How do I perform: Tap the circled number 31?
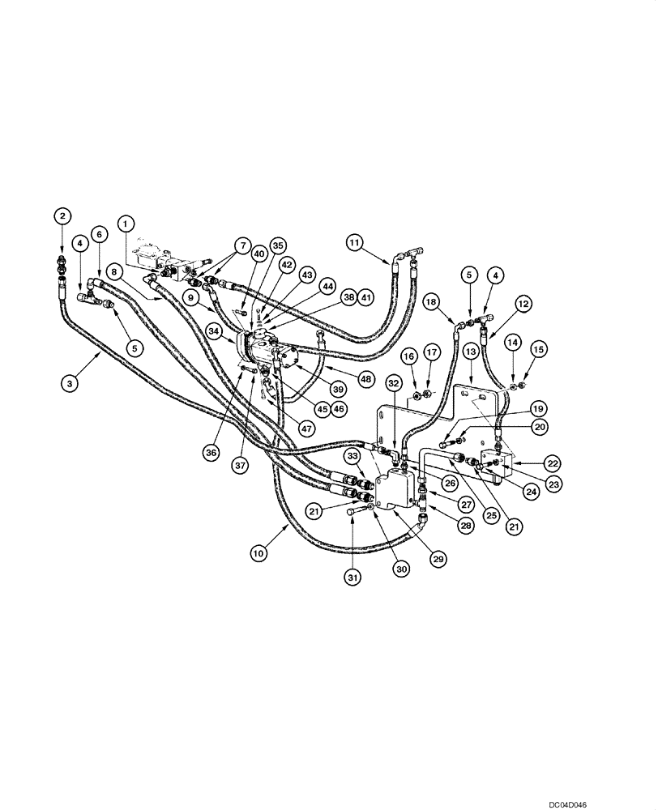(x=352, y=577)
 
